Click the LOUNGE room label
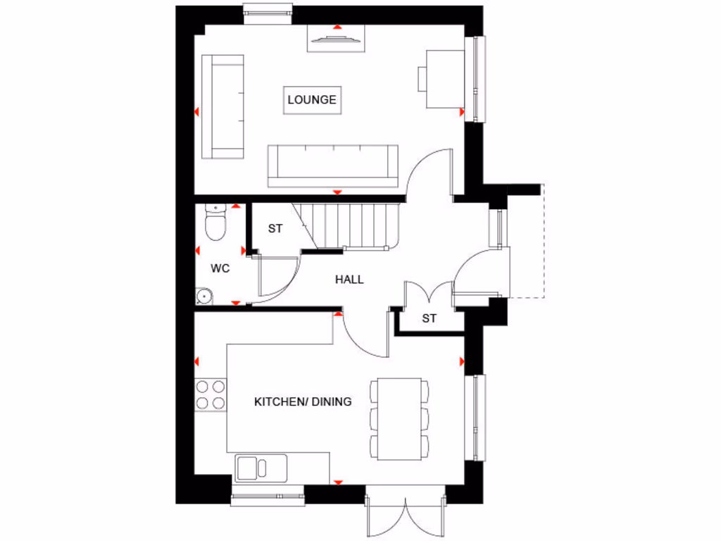312,99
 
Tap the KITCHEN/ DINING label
303,402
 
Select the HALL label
349,280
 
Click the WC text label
220,268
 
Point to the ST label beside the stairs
275,229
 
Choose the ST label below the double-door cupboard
430,318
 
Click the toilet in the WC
214,223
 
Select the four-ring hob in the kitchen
211,394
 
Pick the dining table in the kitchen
399,419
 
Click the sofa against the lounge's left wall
223,106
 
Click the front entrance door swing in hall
472,271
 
